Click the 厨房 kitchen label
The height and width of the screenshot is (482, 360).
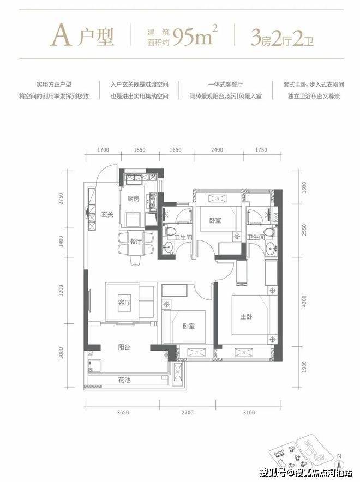coord(133,198)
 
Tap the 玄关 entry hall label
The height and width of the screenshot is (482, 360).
coord(107,214)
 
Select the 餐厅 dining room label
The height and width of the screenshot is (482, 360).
coord(136,242)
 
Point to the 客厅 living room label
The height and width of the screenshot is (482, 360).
coord(124,303)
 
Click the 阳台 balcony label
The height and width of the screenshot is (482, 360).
coord(124,347)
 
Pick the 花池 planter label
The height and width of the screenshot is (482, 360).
coord(124,380)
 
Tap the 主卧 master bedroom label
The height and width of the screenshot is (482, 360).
coord(246,316)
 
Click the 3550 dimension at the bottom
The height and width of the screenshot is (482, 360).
coord(123,413)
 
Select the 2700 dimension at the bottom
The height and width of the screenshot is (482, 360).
coord(187,413)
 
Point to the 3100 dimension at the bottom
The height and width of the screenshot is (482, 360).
coord(249,413)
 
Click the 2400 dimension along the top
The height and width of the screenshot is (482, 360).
coord(217,150)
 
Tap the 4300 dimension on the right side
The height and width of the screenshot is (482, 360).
coord(304,301)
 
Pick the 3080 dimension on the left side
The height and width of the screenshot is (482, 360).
coord(61,353)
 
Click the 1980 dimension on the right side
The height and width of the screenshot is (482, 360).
coord(304,367)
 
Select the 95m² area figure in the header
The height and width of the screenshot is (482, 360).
coord(195,36)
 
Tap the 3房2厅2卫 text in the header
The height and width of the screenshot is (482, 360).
coord(282,38)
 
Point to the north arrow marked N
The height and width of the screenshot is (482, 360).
coord(339,461)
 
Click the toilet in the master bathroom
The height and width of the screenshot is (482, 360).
coord(268,232)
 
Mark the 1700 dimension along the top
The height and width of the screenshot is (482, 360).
coord(103,150)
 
